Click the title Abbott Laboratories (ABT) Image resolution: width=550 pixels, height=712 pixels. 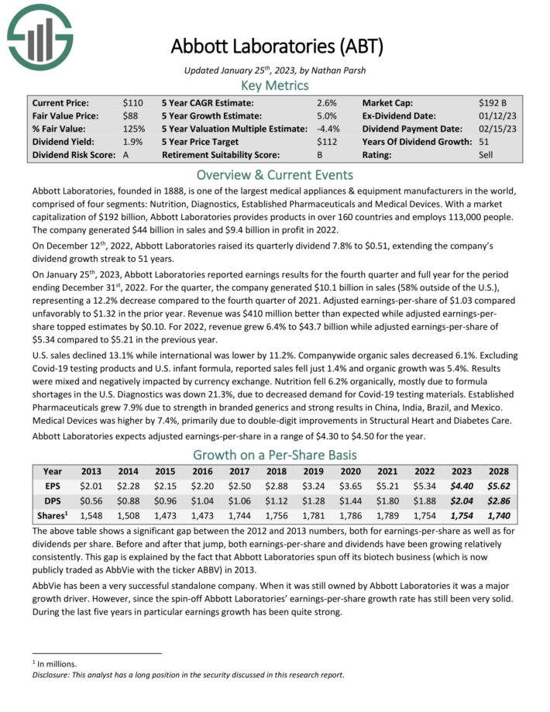pyautogui.click(x=276, y=46)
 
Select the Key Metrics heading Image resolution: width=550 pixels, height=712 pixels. pyautogui.click(x=275, y=85)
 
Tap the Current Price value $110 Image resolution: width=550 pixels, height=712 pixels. pyautogui.click(x=132, y=102)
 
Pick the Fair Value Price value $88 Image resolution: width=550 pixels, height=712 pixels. pyautogui.click(x=130, y=115)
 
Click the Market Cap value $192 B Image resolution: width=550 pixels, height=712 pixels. pyautogui.click(x=493, y=102)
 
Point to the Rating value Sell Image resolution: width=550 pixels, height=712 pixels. pyautogui.click(x=486, y=155)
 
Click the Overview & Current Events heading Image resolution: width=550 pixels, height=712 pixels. pyautogui.click(x=275, y=174)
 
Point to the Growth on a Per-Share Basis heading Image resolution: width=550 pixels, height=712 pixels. pyautogui.click(x=275, y=454)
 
